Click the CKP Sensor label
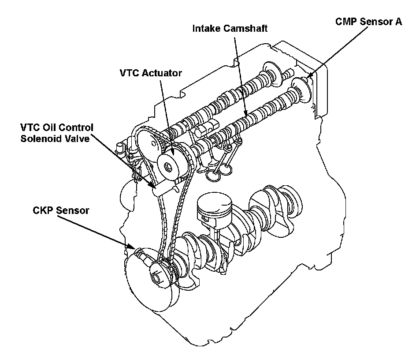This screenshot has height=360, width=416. [60, 210]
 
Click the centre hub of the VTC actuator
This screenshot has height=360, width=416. [168, 167]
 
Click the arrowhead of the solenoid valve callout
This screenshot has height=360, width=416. [152, 187]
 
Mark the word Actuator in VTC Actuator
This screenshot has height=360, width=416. [162, 73]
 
